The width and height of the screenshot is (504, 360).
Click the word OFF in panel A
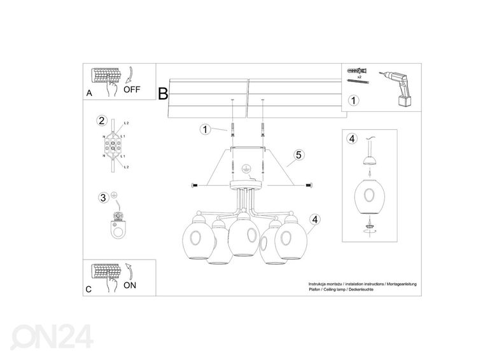click(x=131, y=89)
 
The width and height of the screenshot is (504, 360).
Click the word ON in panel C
click(x=130, y=286)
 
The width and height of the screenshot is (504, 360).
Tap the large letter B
click(x=163, y=95)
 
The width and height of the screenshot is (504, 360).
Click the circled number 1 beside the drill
click(x=353, y=100)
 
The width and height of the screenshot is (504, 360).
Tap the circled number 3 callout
click(x=103, y=197)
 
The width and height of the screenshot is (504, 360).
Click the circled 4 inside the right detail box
click(x=351, y=139)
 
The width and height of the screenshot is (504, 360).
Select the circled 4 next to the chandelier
click(x=314, y=219)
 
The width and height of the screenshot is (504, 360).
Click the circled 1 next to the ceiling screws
click(x=205, y=130)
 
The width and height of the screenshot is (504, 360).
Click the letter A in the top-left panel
click(x=89, y=93)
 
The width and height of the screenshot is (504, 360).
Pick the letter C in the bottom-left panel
click(x=89, y=289)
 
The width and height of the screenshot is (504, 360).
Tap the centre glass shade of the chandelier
click(x=242, y=235)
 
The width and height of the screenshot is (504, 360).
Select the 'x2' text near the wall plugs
click(x=359, y=76)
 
